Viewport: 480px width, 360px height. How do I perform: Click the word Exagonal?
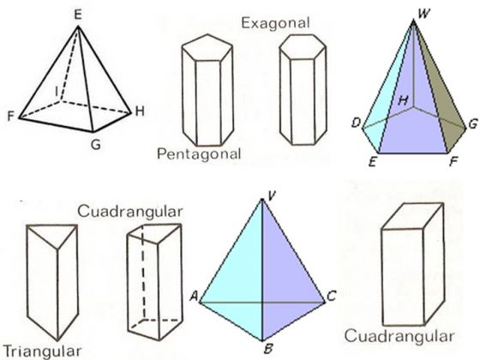275,22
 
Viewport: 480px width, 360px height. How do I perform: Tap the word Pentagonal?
199,153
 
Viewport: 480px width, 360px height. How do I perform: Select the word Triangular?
43,351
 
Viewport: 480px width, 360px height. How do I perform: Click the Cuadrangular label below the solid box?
399,336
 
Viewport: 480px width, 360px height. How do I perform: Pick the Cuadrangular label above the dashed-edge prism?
129,212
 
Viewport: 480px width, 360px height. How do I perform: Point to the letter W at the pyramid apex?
424,14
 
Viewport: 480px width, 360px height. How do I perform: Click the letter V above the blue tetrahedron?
272,196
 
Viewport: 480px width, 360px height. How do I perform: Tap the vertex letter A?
194,296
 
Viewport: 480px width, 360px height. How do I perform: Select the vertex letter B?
268,349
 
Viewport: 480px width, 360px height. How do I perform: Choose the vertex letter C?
332,296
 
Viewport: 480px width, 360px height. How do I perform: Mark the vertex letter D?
356,123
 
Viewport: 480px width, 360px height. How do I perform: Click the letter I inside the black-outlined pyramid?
57,91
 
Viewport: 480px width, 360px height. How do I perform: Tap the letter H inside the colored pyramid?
404,100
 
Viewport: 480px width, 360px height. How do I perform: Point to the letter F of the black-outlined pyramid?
11,117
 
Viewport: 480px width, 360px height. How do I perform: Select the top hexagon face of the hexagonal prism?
303,47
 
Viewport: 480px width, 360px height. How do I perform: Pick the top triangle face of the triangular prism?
52,233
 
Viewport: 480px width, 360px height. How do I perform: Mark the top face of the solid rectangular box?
412,216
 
